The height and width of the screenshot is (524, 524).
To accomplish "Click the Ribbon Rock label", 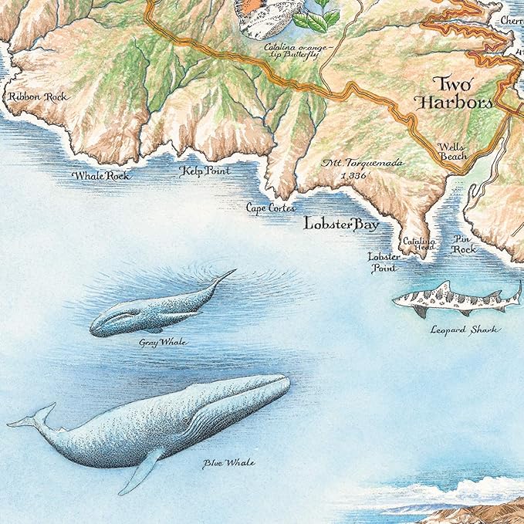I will (36, 97).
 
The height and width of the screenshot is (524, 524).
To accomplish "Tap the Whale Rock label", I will (101, 176).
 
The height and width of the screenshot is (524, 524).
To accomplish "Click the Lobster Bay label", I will (341, 225).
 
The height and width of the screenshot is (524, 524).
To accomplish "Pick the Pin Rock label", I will (465, 245).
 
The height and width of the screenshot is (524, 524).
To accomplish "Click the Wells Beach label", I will (451, 150).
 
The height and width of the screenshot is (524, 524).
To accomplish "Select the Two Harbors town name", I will (462, 93).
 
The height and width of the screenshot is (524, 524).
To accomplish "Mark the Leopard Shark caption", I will (465, 330).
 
